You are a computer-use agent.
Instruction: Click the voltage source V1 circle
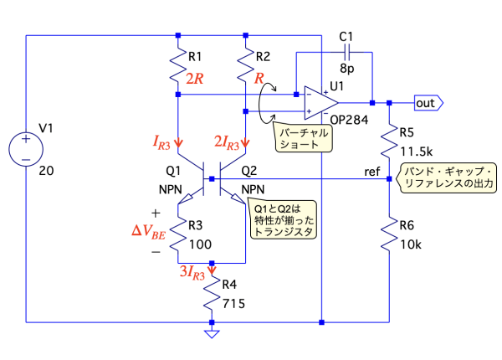[x=27, y=148]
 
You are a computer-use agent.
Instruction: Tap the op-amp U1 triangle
[x=317, y=102]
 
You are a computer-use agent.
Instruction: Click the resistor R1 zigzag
[x=177, y=63]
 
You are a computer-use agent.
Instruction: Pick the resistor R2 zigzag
[x=244, y=63]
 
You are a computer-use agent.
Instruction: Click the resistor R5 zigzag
[x=390, y=140]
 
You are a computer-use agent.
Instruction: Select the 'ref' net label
[x=372, y=171]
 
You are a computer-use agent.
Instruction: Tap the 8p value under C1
[x=347, y=74]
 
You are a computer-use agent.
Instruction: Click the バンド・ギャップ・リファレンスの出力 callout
[x=448, y=176]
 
